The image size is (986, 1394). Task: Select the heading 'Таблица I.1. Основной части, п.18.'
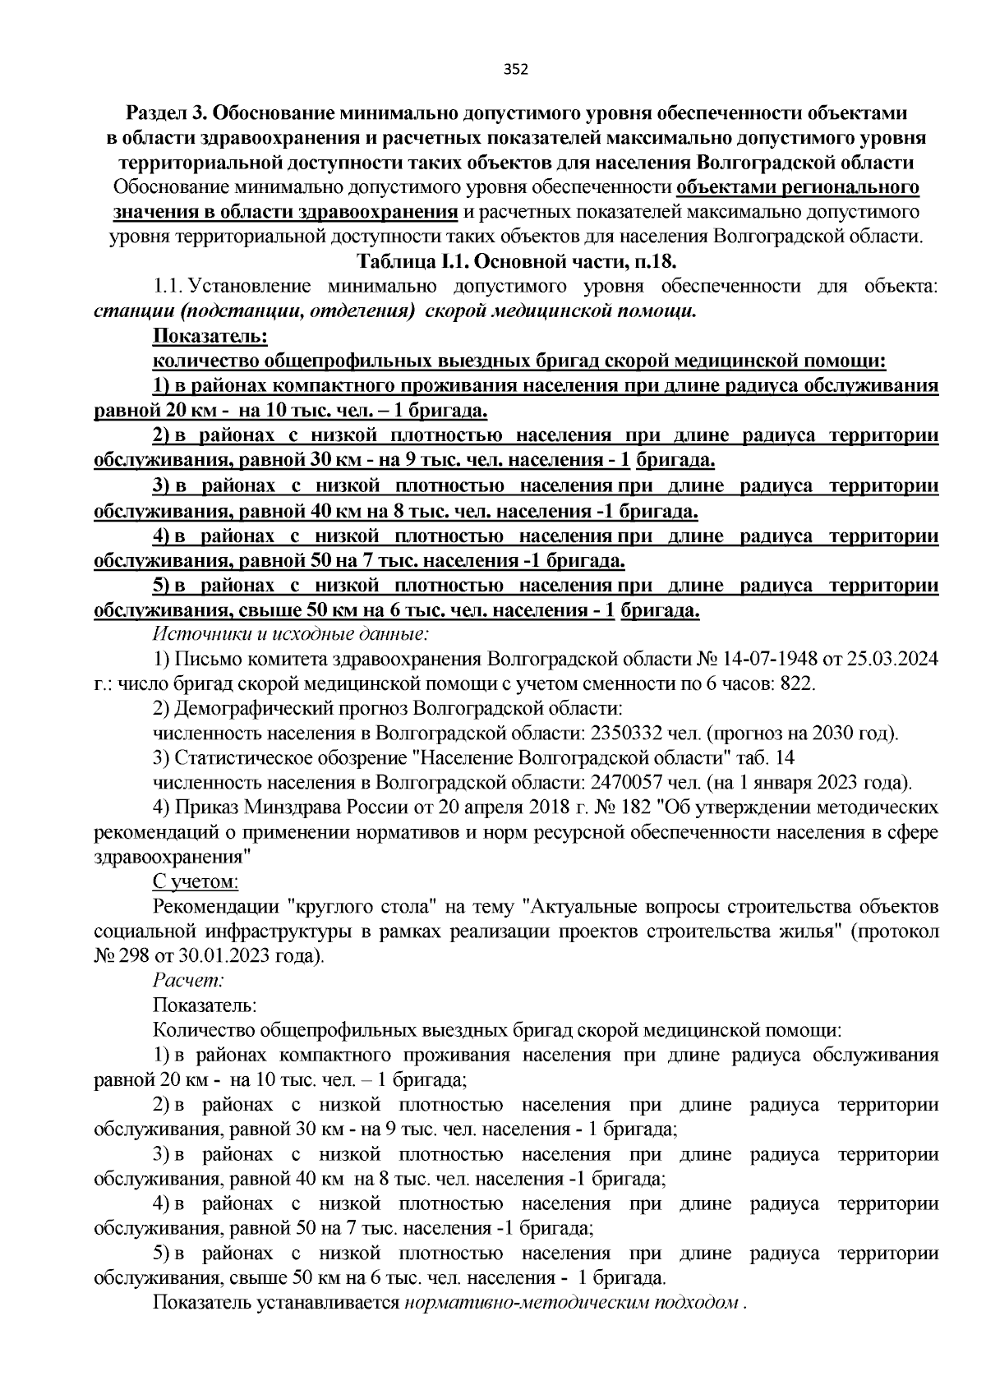coord(515,261)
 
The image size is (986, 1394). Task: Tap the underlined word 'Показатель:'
coord(210,336)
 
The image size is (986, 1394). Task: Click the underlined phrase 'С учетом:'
coord(196,881)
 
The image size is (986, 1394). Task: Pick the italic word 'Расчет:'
coord(188,980)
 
